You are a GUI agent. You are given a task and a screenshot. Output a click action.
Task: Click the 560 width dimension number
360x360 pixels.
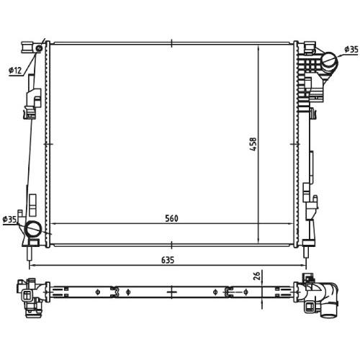(x=171, y=218)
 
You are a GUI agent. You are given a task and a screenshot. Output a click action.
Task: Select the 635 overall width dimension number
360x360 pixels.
(x=168, y=260)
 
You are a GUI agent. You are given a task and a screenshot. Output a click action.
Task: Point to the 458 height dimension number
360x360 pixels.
(x=253, y=144)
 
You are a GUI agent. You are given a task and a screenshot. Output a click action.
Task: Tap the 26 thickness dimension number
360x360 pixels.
(x=257, y=276)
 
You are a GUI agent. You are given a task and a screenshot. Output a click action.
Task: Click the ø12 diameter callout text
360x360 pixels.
(x=15, y=71)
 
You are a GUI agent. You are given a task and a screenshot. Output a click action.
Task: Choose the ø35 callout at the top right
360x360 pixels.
(x=351, y=50)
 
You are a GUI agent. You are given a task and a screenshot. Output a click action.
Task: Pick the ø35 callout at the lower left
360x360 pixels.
(x=9, y=220)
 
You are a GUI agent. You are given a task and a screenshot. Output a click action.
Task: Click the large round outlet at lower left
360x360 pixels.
(x=34, y=229)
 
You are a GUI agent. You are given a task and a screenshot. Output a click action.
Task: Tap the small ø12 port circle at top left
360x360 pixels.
(x=39, y=48)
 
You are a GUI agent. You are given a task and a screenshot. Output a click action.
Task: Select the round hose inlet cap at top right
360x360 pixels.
(x=329, y=60)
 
